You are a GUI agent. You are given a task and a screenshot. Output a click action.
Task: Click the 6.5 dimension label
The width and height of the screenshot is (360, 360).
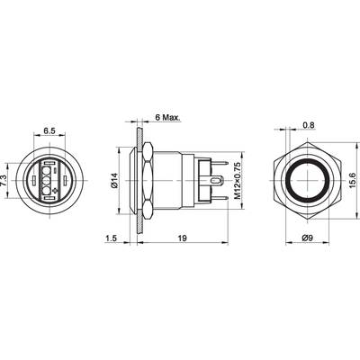point(49,130)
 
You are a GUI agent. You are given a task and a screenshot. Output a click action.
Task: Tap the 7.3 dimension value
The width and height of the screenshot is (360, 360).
point(4,180)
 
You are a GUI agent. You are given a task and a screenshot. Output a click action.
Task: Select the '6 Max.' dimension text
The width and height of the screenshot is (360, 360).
point(167,117)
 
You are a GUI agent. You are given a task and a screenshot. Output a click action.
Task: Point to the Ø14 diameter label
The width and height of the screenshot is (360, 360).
point(114,181)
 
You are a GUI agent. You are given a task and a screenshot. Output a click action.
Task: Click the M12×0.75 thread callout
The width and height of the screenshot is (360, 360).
point(237,180)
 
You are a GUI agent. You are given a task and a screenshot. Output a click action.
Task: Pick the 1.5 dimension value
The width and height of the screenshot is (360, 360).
point(110,238)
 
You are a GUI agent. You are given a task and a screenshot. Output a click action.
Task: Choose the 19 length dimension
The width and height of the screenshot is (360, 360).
point(182,238)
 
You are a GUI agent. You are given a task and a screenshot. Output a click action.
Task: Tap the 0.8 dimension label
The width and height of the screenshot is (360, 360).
point(309,125)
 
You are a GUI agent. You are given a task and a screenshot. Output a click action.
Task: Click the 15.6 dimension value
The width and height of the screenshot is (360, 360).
point(353,181)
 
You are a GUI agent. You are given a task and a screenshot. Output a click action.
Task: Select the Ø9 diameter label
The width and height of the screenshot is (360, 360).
point(307,238)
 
